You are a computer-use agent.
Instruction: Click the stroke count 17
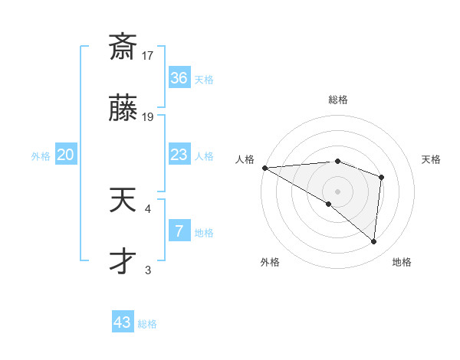pyautogui.click(x=148, y=55)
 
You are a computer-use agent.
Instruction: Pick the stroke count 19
pyautogui.click(x=148, y=116)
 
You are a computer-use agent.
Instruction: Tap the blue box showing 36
pyautogui.click(x=179, y=78)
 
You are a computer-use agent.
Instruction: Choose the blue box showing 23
pyautogui.click(x=179, y=155)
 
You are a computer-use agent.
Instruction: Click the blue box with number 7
pyautogui.click(x=179, y=231)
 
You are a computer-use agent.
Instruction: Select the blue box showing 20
pyautogui.click(x=66, y=155)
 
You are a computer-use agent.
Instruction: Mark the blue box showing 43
pyautogui.click(x=123, y=322)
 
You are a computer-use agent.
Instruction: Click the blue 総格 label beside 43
pyautogui.click(x=147, y=324)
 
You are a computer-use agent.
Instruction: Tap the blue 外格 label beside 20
pyautogui.click(x=41, y=156)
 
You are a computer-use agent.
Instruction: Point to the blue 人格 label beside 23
pyautogui.click(x=204, y=156)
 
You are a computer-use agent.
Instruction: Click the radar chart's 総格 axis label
pyautogui.click(x=338, y=100)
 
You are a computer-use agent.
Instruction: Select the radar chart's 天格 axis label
pyautogui.click(x=432, y=159)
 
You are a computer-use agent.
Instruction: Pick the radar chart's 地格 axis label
pyautogui.click(x=402, y=262)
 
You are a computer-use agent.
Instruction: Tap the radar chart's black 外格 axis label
pyautogui.click(x=270, y=262)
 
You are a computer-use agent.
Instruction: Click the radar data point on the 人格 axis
pyautogui.click(x=264, y=167)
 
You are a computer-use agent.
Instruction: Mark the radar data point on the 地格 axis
pyautogui.click(x=374, y=242)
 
